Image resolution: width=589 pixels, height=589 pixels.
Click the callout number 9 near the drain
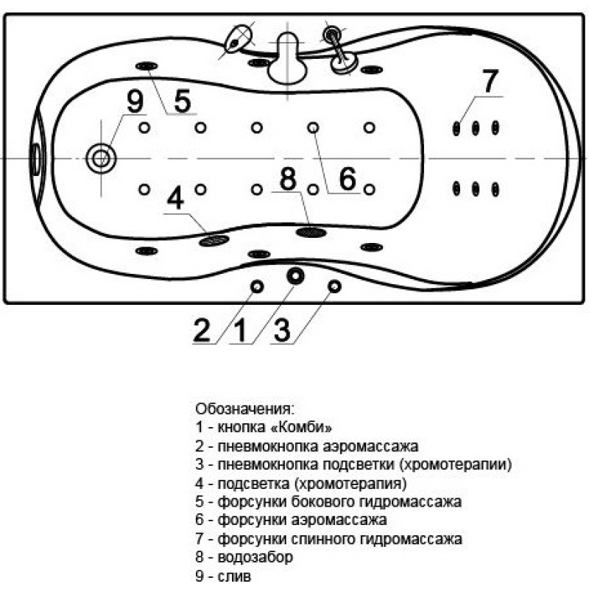click(135, 101)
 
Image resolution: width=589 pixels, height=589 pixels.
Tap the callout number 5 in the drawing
click(183, 101)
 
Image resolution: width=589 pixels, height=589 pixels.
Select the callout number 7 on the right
click(490, 81)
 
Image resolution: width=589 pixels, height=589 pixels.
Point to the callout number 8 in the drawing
click(288, 179)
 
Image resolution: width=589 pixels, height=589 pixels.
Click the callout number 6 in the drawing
click(348, 179)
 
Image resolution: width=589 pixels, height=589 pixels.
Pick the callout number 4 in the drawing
click(175, 198)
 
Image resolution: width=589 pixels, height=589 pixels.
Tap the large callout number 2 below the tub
click(202, 330)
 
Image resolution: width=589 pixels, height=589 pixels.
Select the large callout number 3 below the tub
click(282, 330)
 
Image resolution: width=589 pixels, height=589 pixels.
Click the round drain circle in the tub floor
click(101, 158)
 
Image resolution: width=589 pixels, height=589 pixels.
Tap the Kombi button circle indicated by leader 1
click(296, 275)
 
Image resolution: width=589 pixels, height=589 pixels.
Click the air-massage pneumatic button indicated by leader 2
click(257, 287)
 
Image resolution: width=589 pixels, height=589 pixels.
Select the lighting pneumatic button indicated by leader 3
click(334, 286)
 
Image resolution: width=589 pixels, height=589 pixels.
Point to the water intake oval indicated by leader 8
click(311, 232)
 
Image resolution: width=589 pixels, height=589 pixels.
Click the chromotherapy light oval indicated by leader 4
click(214, 240)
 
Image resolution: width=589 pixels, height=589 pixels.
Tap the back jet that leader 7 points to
click(456, 128)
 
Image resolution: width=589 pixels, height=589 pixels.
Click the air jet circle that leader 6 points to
click(313, 127)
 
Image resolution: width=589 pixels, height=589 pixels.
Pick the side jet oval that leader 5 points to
click(147, 66)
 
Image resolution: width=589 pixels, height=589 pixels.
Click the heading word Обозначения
click(244, 409)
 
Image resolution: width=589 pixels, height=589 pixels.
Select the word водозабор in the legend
click(255, 557)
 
